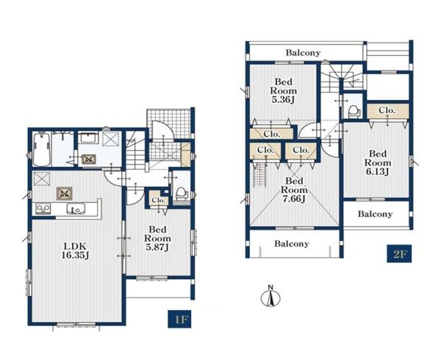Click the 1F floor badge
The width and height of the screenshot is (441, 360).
(x=179, y=319)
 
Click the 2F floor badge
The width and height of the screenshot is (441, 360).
(x=399, y=253)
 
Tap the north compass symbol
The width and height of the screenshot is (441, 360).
(x=270, y=296)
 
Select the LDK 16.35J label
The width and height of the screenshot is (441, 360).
(x=75, y=251)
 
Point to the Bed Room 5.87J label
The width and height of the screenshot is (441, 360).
(x=157, y=238)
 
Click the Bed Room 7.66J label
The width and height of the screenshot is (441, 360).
(x=294, y=190)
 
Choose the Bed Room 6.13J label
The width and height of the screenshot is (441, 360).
(x=378, y=162)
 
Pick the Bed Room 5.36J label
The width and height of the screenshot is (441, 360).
(x=283, y=91)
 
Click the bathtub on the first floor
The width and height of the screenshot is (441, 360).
(x=42, y=150)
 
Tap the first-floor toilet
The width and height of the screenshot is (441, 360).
(x=181, y=194)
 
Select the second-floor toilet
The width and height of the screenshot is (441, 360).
(x=354, y=112)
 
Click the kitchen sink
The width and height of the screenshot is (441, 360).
(x=76, y=209)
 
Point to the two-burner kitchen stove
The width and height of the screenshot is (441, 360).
(x=43, y=209)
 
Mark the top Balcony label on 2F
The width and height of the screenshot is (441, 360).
(x=303, y=53)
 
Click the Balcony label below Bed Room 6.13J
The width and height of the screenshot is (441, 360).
(x=375, y=214)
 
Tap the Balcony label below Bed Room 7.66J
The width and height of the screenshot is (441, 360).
(x=292, y=243)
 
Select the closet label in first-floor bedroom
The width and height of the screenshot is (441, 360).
(x=158, y=201)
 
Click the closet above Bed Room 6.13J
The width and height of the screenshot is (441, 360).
(x=387, y=111)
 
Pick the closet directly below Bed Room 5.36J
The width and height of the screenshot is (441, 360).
(x=272, y=134)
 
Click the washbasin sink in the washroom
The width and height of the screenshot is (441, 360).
(x=88, y=138)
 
